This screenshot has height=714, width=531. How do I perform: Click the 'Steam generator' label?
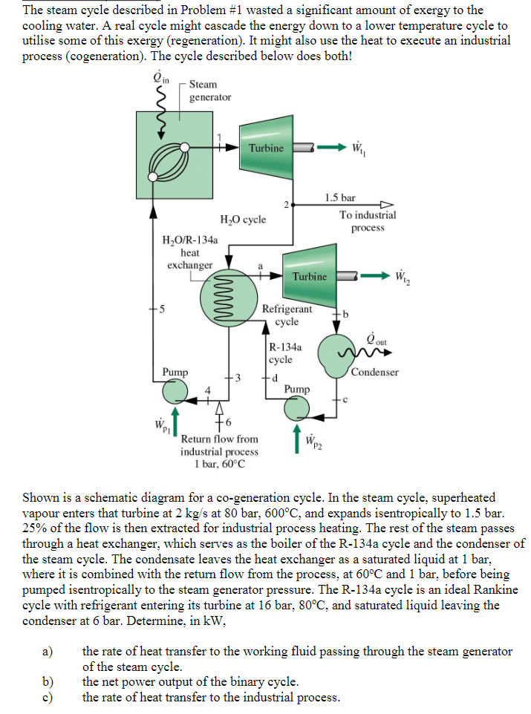coord(209,91)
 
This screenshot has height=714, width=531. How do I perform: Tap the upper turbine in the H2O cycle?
coord(266,148)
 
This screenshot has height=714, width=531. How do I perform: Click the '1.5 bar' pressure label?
coord(340,198)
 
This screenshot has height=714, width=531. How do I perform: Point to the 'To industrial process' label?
coord(368,220)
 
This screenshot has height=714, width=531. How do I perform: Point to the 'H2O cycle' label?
coord(243,220)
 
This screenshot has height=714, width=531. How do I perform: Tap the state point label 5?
coord(158,310)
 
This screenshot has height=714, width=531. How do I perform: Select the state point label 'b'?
coord(346,313)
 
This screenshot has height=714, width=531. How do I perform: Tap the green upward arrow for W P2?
coord(297,439)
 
